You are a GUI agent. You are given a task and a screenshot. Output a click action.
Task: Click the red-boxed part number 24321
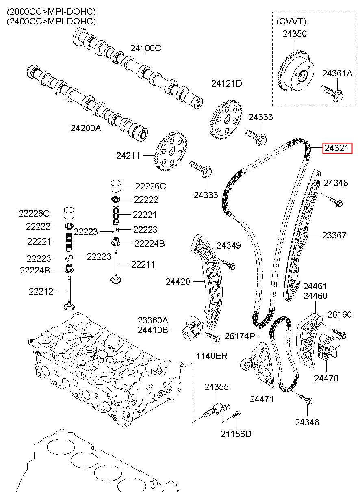point(337,149)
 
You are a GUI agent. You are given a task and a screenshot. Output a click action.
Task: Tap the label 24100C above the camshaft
point(146,48)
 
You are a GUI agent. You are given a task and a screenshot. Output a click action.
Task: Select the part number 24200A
point(86,128)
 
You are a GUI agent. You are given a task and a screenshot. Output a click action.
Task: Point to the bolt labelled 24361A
point(332,92)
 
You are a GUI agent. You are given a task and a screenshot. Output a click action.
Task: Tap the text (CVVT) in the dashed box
point(291,21)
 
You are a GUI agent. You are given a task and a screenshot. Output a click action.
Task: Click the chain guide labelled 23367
point(302,236)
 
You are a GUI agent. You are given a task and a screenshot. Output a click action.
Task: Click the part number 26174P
point(240,336)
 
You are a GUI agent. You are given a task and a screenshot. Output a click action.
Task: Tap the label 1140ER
point(212,356)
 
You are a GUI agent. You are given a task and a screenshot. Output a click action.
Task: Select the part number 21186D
point(236,433)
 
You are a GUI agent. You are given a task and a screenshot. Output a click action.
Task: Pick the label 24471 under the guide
point(262,399)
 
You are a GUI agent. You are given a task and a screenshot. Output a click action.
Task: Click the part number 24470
point(326,378)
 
